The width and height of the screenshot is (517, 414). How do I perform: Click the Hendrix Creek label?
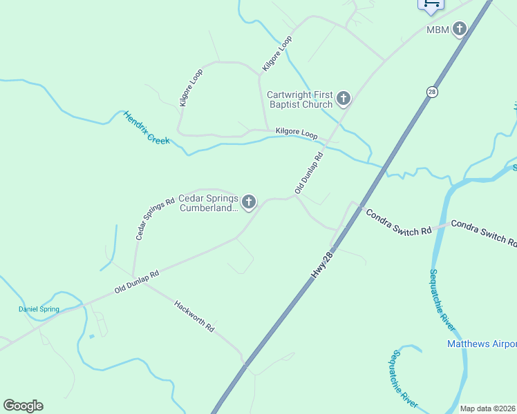(x=146, y=128)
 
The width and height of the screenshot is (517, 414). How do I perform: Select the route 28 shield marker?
(x=432, y=92)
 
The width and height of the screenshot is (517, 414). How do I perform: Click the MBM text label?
(x=438, y=30)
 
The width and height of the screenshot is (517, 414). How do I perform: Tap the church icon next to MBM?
(x=460, y=29)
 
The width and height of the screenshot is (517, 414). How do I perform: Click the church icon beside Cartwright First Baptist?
(x=344, y=100)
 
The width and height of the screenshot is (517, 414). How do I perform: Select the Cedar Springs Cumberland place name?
(x=209, y=202)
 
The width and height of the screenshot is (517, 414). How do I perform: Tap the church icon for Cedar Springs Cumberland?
(x=248, y=202)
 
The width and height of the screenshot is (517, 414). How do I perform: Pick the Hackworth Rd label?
(x=194, y=315)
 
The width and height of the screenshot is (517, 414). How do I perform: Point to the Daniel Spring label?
(x=39, y=309)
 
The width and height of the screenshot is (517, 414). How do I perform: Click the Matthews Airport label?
(x=482, y=344)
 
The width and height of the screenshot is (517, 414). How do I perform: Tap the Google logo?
(x=23, y=406)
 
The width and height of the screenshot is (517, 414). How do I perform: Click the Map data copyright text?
(x=487, y=408)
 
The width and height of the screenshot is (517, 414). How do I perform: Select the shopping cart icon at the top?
(x=431, y=4)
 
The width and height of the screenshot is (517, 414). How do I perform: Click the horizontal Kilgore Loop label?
(x=296, y=132)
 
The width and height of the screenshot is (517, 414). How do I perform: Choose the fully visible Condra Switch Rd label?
(x=398, y=222)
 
